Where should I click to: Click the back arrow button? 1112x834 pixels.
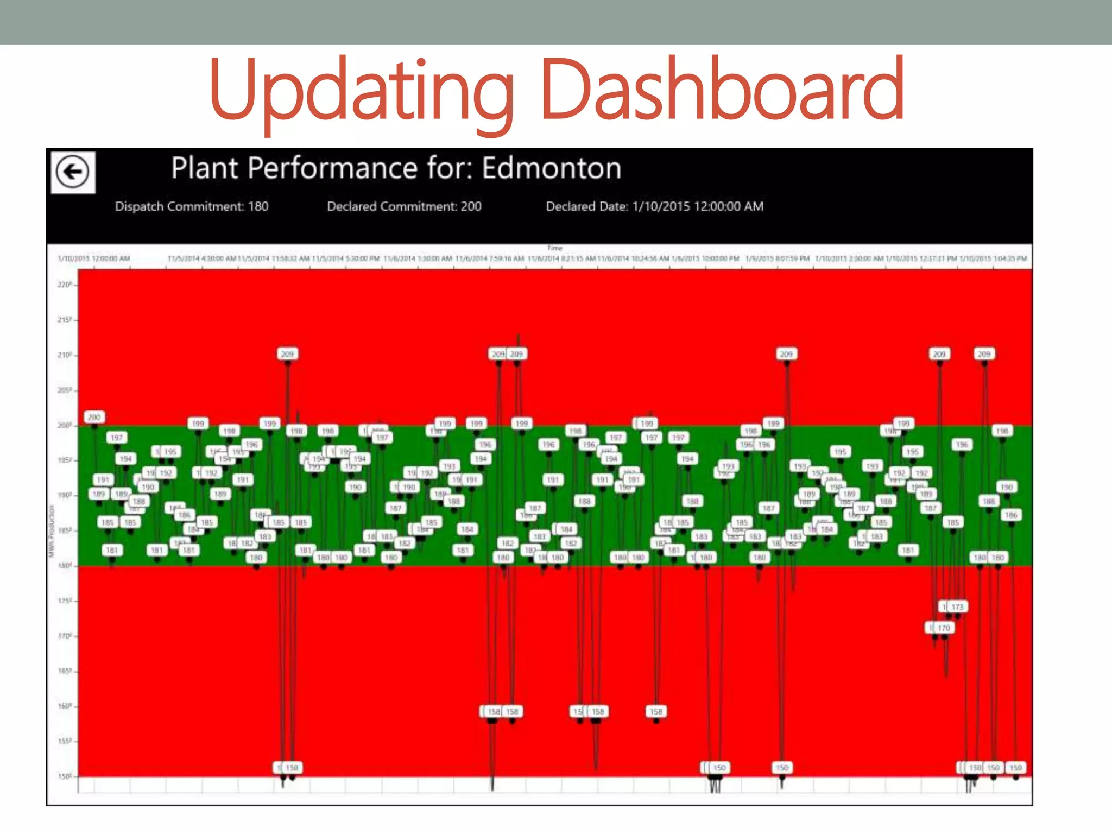(x=73, y=172)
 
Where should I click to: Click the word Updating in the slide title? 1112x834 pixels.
(x=361, y=90)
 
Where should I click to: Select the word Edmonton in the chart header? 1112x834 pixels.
(x=551, y=168)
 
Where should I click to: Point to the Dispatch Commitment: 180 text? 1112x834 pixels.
(x=192, y=206)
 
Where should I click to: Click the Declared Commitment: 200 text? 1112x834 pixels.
(x=404, y=206)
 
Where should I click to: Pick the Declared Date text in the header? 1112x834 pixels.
(x=654, y=206)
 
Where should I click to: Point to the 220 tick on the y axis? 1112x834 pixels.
(x=64, y=284)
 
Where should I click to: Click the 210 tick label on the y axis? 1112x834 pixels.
(x=64, y=355)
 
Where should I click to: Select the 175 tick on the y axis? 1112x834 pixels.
(x=64, y=601)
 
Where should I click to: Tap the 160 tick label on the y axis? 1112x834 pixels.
(x=64, y=706)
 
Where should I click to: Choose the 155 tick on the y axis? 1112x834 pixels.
(x=64, y=741)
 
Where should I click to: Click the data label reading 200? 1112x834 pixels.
(x=94, y=417)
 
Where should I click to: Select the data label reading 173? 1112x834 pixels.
(x=957, y=607)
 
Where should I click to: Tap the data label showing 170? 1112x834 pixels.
(x=944, y=628)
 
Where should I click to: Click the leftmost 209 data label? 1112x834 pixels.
(x=287, y=354)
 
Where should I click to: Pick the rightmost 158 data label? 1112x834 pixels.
(x=656, y=711)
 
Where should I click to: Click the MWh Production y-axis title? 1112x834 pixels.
(x=52, y=531)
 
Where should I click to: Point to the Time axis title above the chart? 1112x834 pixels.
(x=554, y=248)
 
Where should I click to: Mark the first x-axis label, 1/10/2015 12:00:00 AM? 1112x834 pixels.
(x=94, y=258)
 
